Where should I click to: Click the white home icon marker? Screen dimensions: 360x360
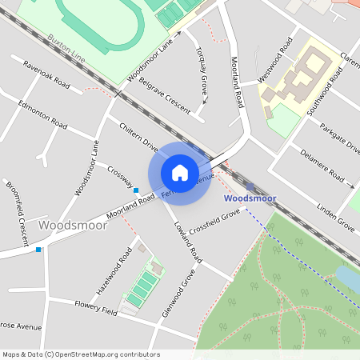click(180, 172)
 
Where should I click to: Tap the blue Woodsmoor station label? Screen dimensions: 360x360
click(250, 198)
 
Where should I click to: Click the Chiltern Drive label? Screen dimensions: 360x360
click(139, 135)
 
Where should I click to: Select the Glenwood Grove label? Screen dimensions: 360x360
click(178, 293)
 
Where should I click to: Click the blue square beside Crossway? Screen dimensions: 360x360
click(136, 190)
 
